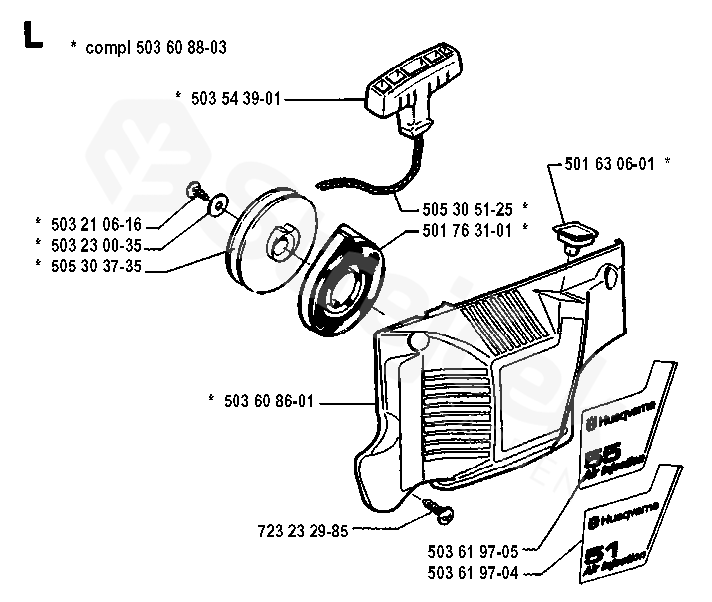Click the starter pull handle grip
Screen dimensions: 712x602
[x=414, y=82]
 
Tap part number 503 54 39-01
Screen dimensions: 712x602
[x=236, y=99]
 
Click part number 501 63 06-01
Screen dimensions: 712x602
[x=610, y=164]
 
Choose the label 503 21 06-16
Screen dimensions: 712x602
[x=96, y=225]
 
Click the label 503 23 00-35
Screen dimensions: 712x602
[x=96, y=245]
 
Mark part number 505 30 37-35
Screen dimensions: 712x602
[x=96, y=267]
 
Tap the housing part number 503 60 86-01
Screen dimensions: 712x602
[x=269, y=401]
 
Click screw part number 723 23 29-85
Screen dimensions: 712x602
[x=303, y=532]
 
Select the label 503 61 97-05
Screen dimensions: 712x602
[x=473, y=551]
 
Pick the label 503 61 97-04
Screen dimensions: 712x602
[x=473, y=573]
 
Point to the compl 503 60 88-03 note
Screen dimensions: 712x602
[x=156, y=48]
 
